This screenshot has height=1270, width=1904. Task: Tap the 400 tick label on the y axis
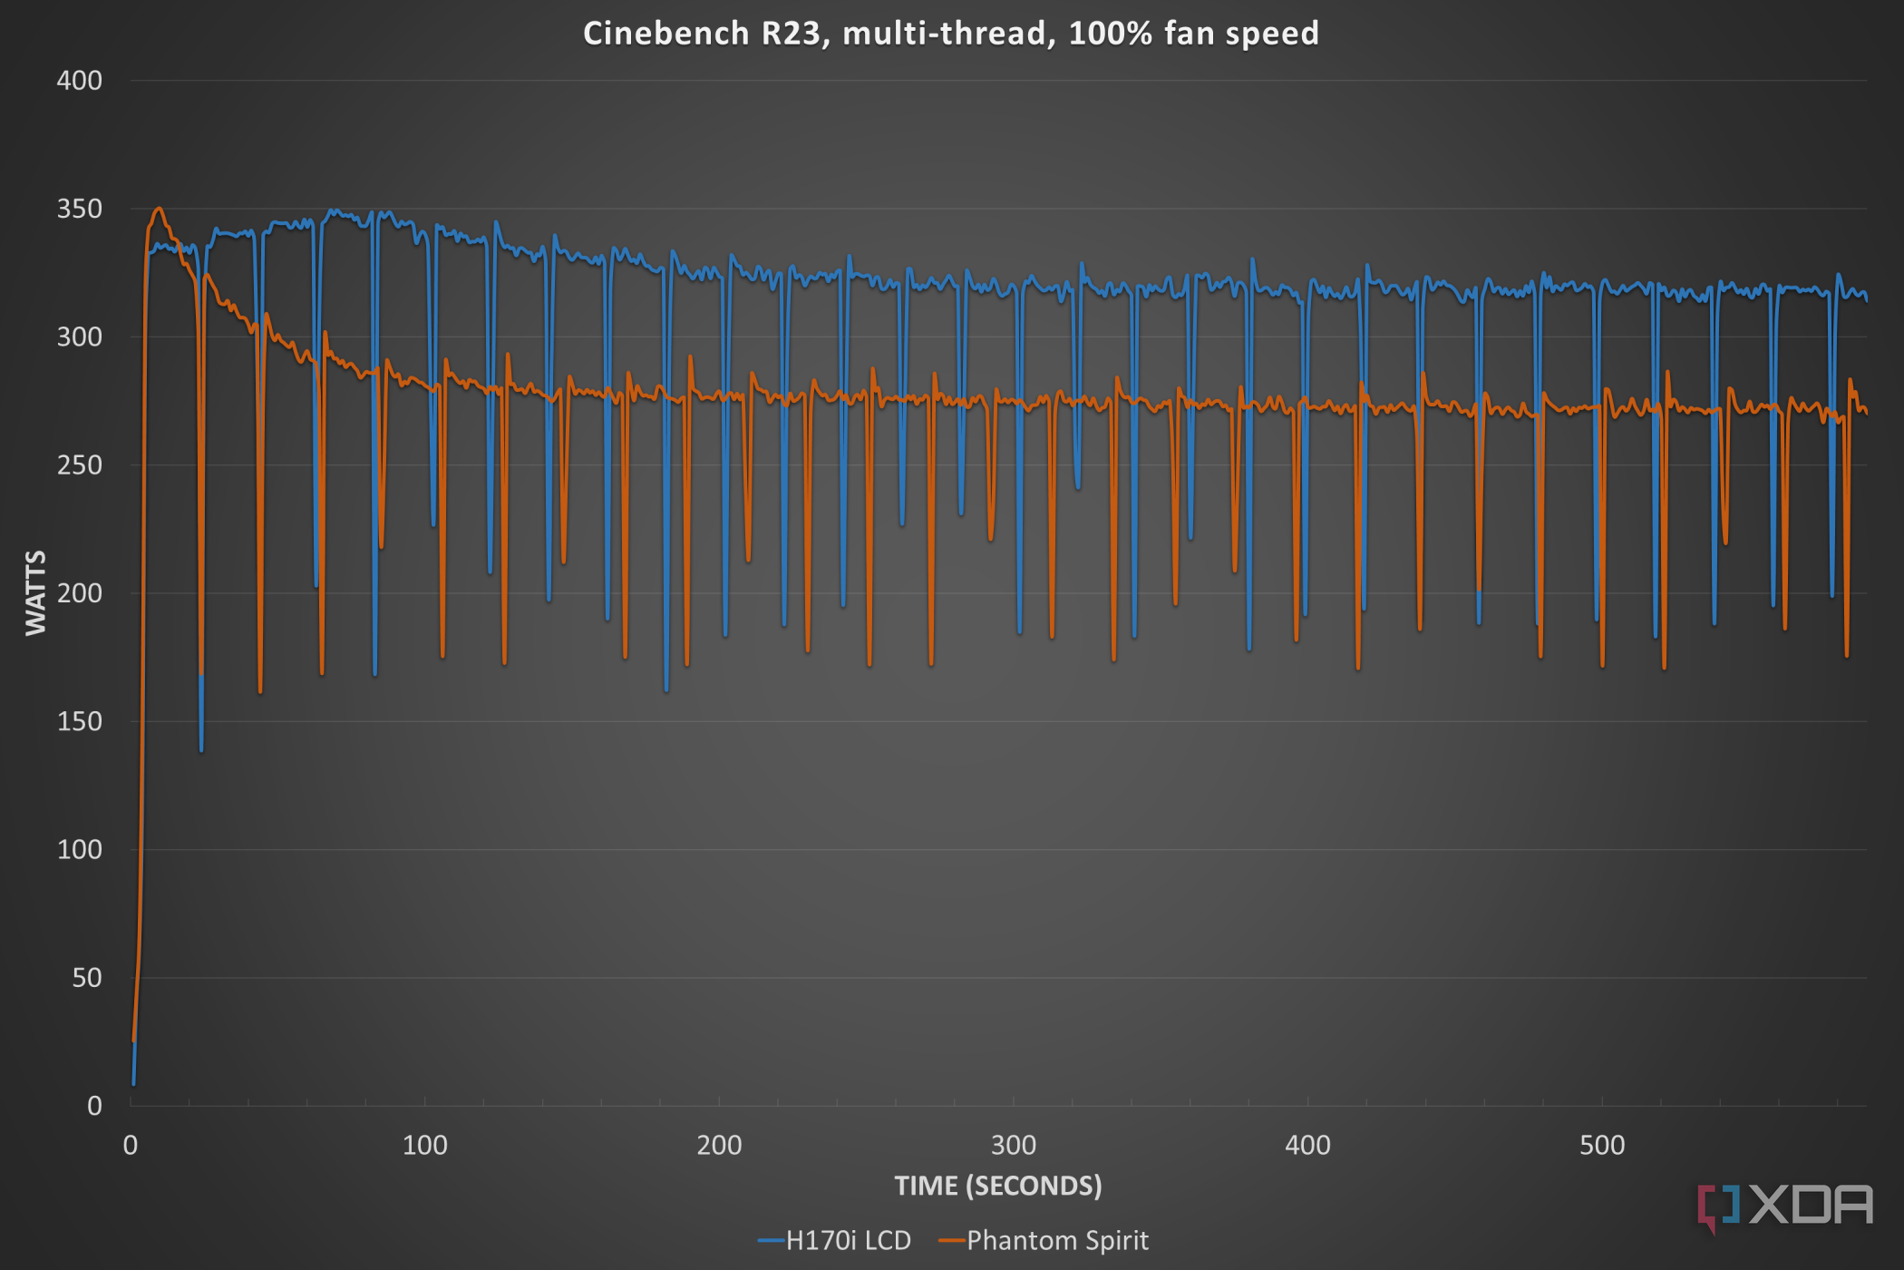79,81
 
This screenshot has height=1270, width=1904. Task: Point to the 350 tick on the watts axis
79,209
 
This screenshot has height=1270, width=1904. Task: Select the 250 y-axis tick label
79,465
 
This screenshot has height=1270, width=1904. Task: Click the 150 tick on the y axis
79,721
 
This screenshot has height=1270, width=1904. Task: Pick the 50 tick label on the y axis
86,978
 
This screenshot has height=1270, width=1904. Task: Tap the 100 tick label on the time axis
424,1145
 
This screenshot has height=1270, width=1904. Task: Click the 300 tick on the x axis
1013,1145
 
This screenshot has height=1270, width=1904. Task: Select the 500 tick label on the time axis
1601,1145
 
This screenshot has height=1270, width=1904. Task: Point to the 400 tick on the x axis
1307,1145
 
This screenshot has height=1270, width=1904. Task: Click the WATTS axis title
36,592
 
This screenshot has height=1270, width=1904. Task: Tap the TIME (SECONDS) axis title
997,1186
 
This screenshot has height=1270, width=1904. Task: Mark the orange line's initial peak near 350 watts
159,209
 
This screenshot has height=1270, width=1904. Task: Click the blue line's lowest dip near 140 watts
201,749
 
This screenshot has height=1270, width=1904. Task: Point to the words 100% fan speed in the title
1193,34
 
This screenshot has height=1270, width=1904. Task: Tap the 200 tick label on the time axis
719,1145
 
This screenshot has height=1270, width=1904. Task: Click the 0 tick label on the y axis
93,1106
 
